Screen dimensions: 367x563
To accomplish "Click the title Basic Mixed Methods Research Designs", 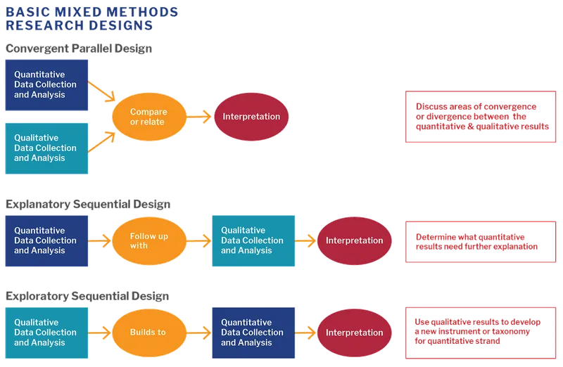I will tap(91, 19).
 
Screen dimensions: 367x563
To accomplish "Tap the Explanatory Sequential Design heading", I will tap(88, 204).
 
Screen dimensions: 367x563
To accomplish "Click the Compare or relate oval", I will tap(148, 117).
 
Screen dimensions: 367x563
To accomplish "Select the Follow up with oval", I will tap(148, 241).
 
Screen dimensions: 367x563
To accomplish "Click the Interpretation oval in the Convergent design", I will tap(251, 117).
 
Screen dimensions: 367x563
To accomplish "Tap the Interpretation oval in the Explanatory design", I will tap(354, 240).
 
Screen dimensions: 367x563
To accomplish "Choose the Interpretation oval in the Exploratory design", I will tap(354, 333).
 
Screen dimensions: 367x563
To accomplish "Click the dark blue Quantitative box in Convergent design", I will tap(47, 85).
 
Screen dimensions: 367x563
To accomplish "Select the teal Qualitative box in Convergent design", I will tap(47, 148).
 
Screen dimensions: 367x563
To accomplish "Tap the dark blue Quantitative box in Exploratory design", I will tap(253, 333).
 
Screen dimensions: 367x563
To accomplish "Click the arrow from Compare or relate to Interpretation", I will tap(199, 117).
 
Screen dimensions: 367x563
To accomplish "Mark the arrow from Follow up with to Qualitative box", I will tap(199, 241).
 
